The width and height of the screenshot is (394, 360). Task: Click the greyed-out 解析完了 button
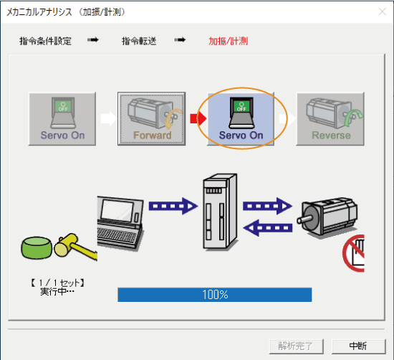point(296,346)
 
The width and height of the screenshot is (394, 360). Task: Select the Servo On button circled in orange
point(241,119)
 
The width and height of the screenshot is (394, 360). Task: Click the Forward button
point(152,119)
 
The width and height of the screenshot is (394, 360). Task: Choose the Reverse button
point(331,119)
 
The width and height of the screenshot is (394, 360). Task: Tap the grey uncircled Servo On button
point(62,119)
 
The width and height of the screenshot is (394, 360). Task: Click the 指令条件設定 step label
point(45,41)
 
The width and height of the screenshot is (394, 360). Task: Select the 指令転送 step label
point(140,41)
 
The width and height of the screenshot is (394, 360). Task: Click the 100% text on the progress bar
point(215,295)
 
